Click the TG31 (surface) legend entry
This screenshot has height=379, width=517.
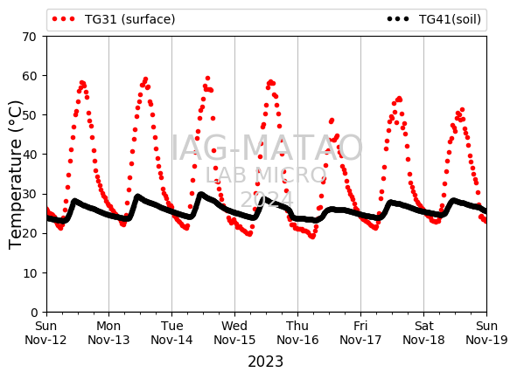coord(114,19)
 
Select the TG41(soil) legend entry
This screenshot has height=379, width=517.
coord(434,19)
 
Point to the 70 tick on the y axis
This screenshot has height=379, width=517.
coord(29,37)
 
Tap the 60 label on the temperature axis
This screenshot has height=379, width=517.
coord(29,76)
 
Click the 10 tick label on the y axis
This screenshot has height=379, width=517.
coord(29,273)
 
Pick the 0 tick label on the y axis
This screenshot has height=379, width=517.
coord(34,313)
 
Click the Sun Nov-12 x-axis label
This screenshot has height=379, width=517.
coord(45,333)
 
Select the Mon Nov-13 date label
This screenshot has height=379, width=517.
coord(108,333)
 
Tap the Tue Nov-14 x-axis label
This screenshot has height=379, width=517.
coord(171,333)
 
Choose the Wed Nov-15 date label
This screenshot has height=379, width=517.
coord(234,333)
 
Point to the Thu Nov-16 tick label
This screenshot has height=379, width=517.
coord(297,333)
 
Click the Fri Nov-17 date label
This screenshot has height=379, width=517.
coord(360,333)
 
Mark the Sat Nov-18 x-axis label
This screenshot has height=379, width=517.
coord(423,333)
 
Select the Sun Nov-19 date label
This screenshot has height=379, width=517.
coord(486,333)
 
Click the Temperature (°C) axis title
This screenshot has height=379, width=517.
coord(15,175)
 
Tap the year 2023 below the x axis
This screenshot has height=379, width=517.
coord(265,362)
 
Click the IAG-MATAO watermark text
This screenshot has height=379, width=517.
coord(267,148)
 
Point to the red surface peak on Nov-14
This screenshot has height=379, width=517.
coord(207,79)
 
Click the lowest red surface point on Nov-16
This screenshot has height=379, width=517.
coord(312,237)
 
